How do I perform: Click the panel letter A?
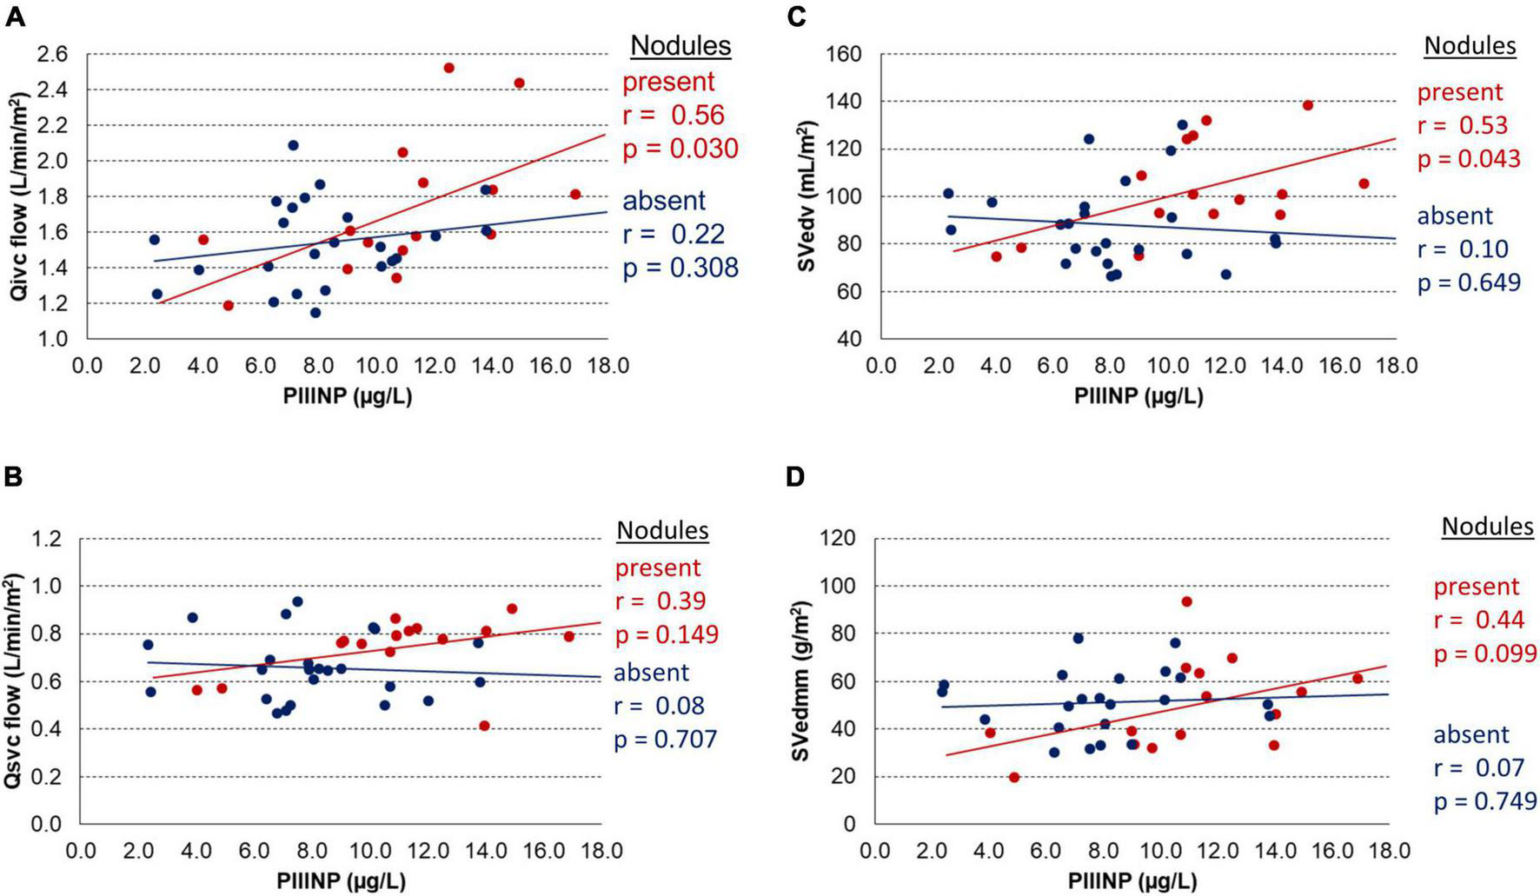click(15, 17)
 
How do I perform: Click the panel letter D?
click(795, 476)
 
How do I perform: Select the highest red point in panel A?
click(448, 68)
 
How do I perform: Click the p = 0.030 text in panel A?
click(680, 149)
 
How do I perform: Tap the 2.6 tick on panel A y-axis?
click(53, 55)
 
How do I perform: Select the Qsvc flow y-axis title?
click(13, 681)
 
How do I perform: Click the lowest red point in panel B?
click(484, 726)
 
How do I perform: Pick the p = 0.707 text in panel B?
click(666, 740)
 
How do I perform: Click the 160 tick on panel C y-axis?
click(843, 55)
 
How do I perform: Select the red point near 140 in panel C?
click(1307, 105)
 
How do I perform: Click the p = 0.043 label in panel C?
click(1469, 159)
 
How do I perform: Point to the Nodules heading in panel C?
click(1470, 45)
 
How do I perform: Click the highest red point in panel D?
click(1186, 601)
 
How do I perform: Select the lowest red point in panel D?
click(1013, 777)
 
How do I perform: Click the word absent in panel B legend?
click(651, 672)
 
